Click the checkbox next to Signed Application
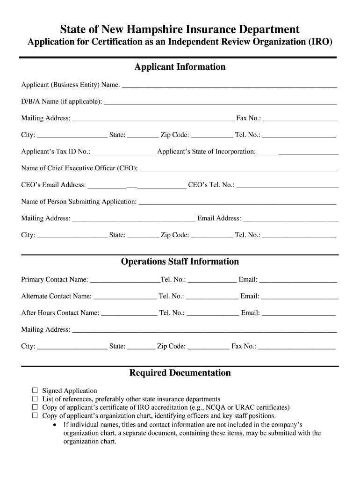coord(35,390)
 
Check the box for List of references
coord(35,399)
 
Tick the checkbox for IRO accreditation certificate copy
coord(35,407)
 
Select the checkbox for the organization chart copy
coord(35,415)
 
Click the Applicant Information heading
coord(180,67)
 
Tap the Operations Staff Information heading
coord(180,261)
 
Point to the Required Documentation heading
coord(180,373)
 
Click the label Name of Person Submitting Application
coord(79,202)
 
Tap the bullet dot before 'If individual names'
coord(56,425)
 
